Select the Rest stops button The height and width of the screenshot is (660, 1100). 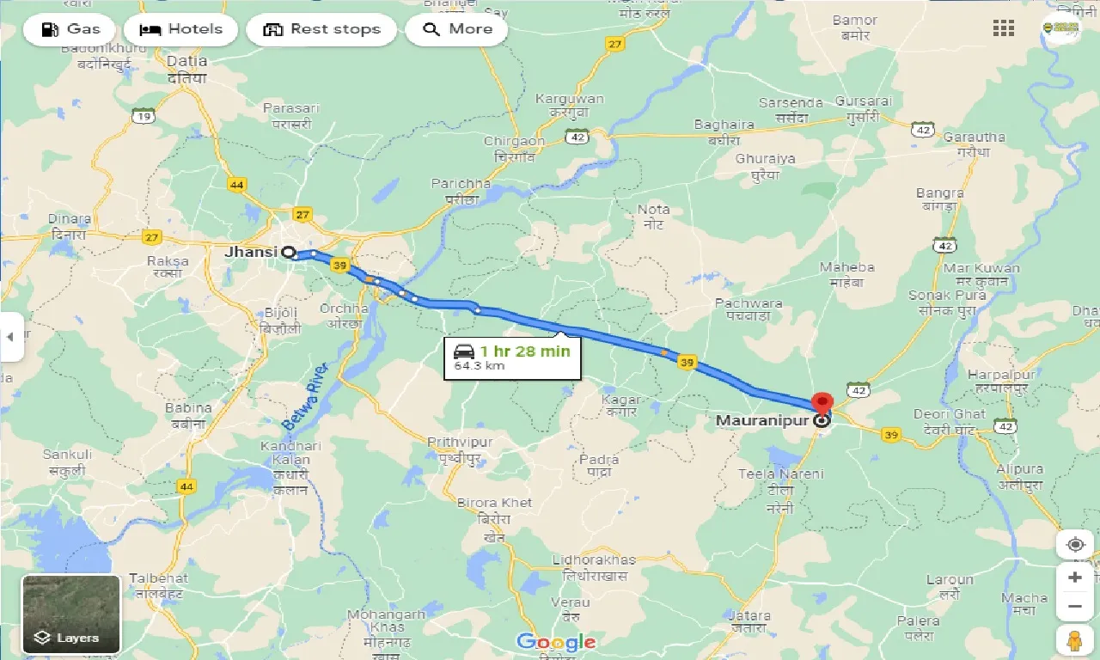point(321,29)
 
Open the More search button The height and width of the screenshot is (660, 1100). point(456,29)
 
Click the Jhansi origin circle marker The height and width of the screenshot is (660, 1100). point(289,253)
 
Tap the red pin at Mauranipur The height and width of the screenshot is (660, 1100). point(822,404)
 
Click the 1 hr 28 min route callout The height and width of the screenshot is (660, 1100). point(512,357)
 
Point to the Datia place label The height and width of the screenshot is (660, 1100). point(187,69)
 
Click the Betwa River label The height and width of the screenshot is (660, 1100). point(300,394)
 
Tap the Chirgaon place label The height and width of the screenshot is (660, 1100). point(514,148)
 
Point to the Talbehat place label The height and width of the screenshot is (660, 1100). point(158,585)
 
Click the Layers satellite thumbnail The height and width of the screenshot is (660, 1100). point(71,614)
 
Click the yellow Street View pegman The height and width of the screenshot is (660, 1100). point(1075,640)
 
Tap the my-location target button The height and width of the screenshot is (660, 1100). point(1075,544)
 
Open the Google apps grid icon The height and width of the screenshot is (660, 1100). point(1004,28)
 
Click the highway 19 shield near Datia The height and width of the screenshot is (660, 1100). point(144,116)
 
